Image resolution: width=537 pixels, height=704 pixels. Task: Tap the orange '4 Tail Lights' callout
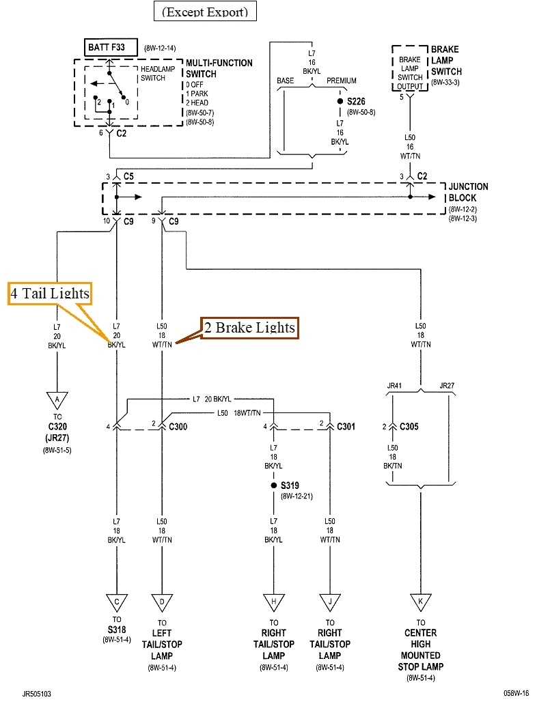click(x=50, y=294)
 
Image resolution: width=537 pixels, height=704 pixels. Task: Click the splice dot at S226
click(x=340, y=102)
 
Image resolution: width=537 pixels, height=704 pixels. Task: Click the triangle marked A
click(x=57, y=398)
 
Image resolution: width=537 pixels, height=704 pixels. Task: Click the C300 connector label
click(x=178, y=427)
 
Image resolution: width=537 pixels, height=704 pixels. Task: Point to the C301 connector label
click(x=347, y=427)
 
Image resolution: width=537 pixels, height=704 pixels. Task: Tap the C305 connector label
click(x=408, y=427)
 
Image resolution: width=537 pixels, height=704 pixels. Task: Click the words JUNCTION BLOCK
click(x=468, y=192)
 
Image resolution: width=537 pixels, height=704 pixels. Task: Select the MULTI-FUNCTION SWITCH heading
click(x=219, y=68)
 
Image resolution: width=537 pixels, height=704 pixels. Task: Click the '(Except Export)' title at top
click(x=205, y=12)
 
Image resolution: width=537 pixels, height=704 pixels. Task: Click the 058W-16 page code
click(x=517, y=691)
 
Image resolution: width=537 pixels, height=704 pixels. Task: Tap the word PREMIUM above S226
click(x=342, y=81)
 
